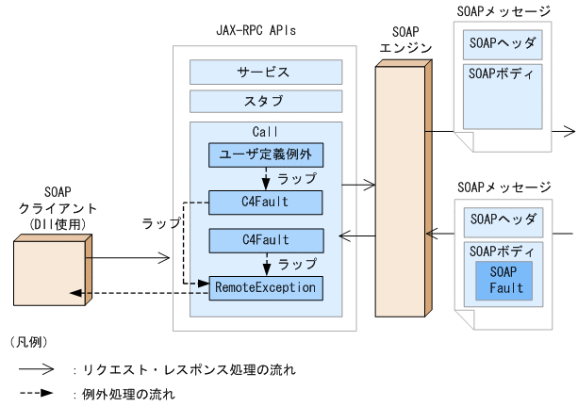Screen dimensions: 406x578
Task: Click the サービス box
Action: click(263, 72)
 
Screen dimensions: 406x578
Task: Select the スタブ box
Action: click(263, 101)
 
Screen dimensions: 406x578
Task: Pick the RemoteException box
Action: click(264, 285)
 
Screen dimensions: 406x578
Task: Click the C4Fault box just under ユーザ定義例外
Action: click(264, 201)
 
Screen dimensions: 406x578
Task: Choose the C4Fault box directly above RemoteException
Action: click(264, 239)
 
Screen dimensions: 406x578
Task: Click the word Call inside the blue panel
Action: click(264, 131)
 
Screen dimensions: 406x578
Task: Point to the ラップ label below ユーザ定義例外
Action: click(298, 176)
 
